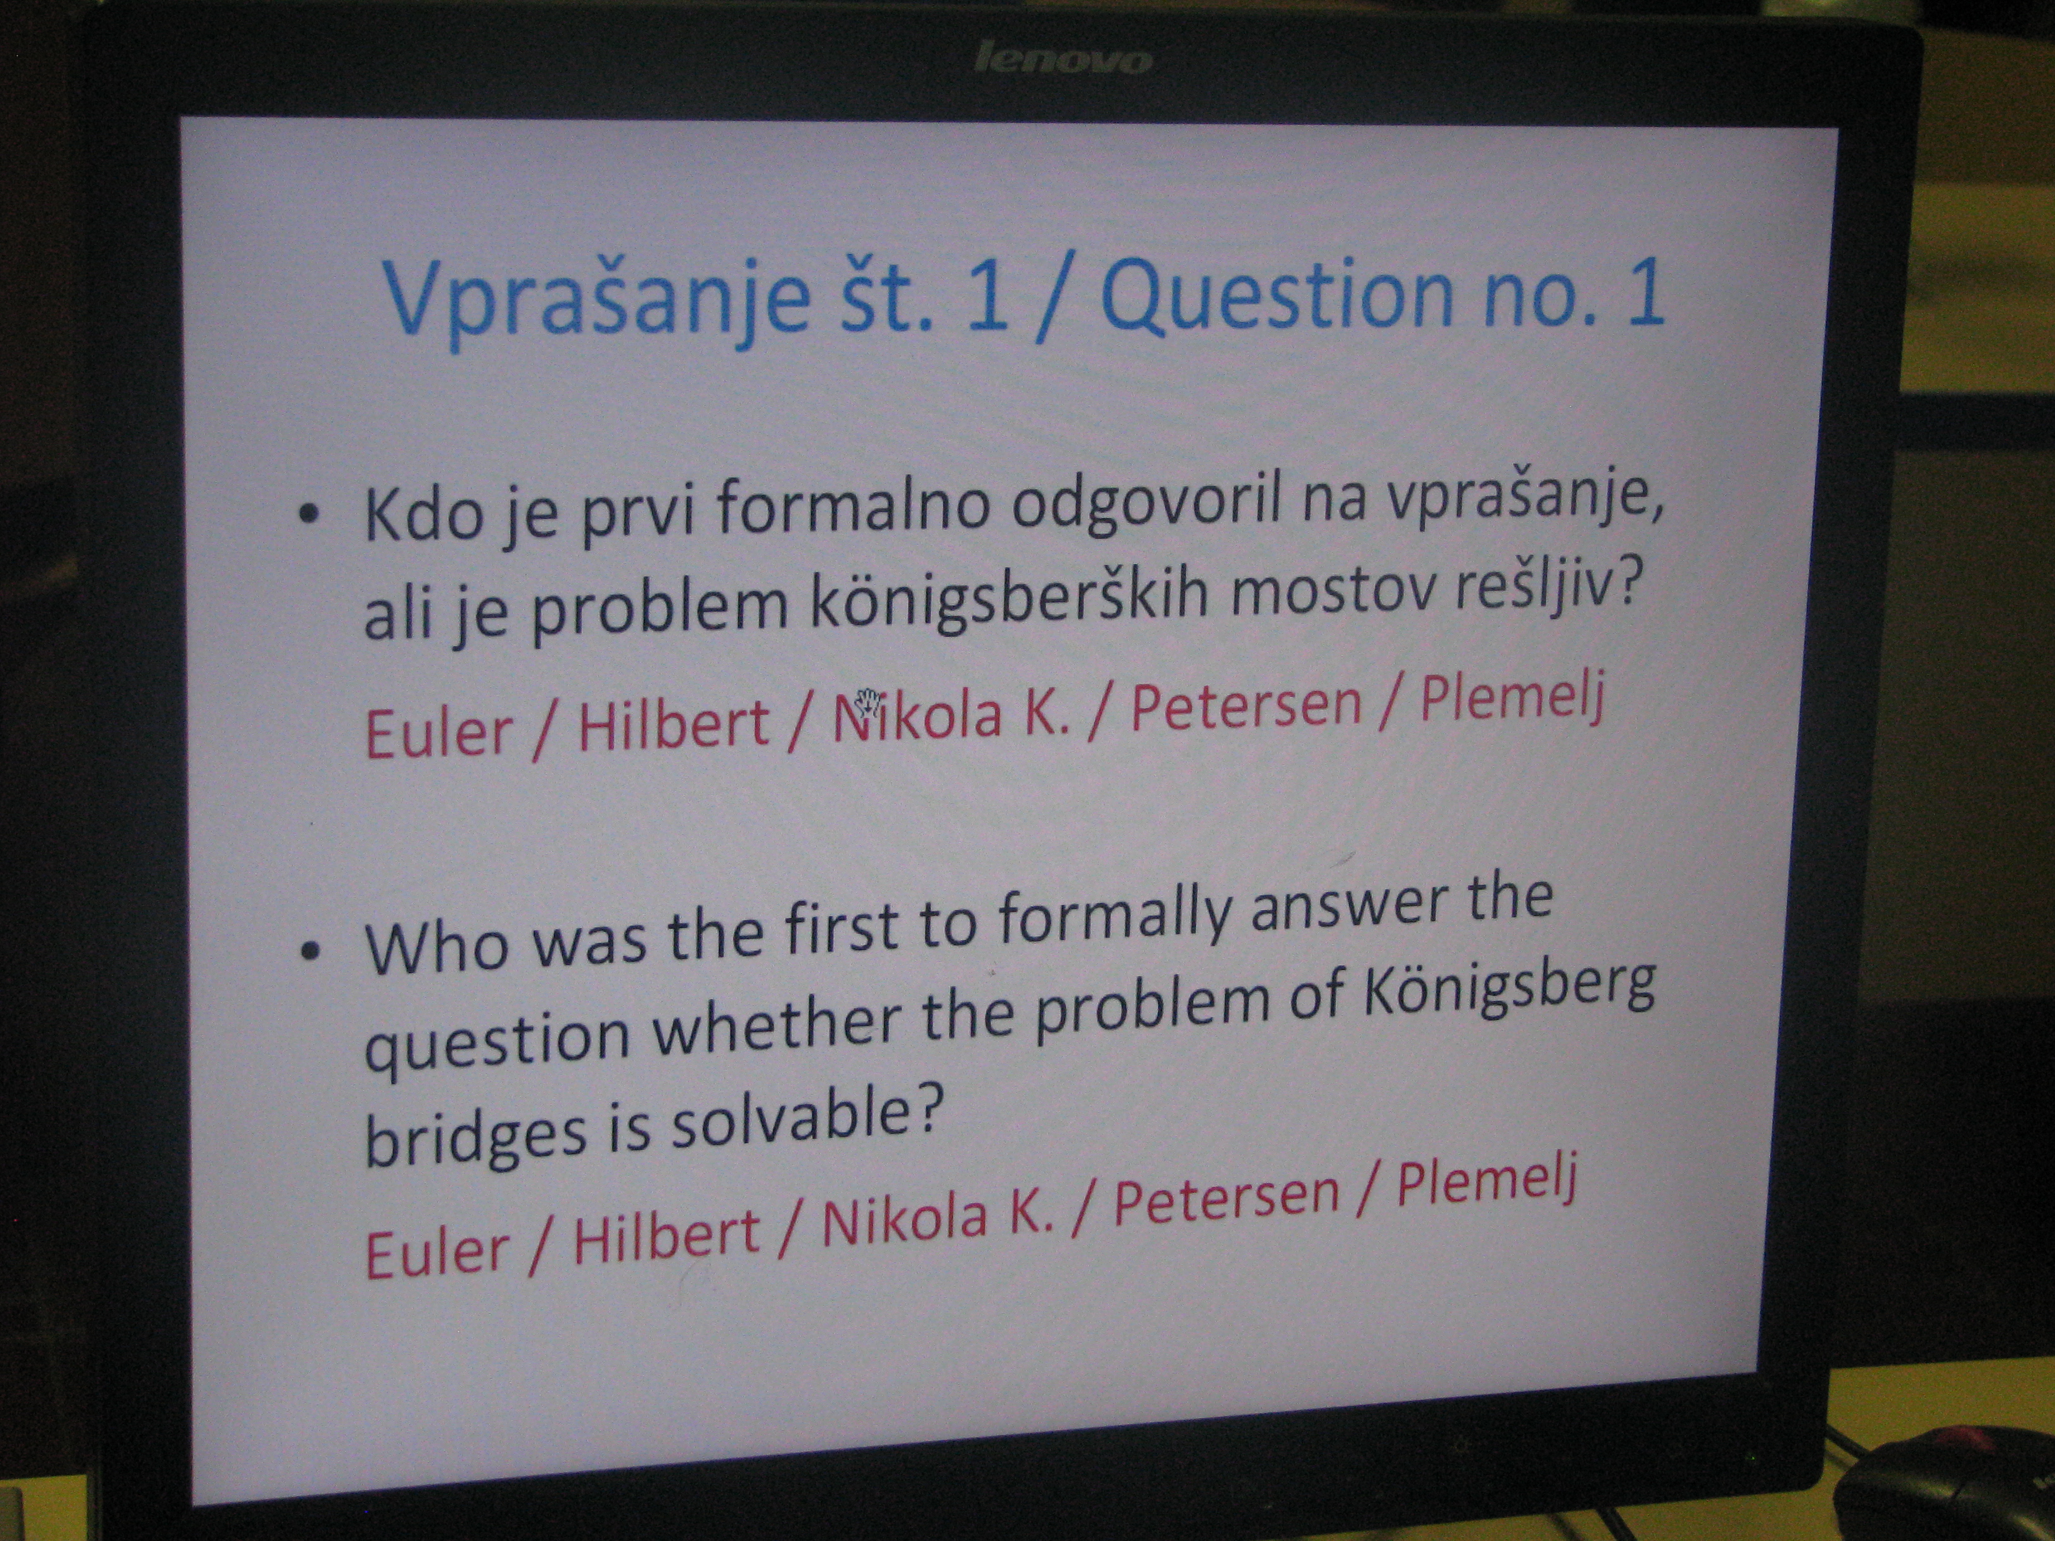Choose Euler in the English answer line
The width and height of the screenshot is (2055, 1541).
(x=437, y=1251)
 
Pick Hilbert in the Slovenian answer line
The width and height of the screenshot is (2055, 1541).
(x=674, y=725)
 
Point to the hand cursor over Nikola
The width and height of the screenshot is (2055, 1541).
(x=868, y=701)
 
